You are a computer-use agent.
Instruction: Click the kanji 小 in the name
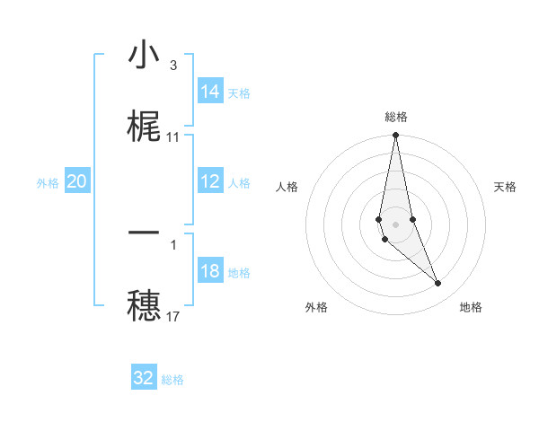[x=144, y=56]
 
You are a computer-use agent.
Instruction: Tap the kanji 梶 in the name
[x=144, y=127]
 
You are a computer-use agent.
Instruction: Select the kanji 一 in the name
[x=144, y=233]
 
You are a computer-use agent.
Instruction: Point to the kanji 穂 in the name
[x=144, y=303]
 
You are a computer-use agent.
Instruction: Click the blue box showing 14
[x=209, y=92]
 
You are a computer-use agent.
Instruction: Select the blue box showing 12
[x=209, y=181]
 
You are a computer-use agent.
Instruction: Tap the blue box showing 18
[x=209, y=271]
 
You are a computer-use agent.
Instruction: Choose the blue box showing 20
[x=77, y=181]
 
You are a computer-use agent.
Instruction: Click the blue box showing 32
[x=144, y=378]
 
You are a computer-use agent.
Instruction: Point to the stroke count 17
[x=173, y=316]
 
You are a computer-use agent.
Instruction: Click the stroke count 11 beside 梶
[x=173, y=137]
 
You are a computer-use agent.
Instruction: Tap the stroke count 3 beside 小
[x=173, y=66]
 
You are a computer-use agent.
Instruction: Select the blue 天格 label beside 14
[x=239, y=92]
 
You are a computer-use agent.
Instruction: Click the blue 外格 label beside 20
[x=48, y=182]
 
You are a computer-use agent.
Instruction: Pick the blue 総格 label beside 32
[x=172, y=380]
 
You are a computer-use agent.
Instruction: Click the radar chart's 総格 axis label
[x=396, y=117]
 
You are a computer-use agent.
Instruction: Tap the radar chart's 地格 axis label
[x=471, y=307]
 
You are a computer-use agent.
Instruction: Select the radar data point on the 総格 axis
[x=396, y=136]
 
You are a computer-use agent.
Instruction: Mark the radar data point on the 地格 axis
[x=438, y=284]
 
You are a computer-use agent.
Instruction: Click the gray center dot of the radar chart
[x=396, y=224]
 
